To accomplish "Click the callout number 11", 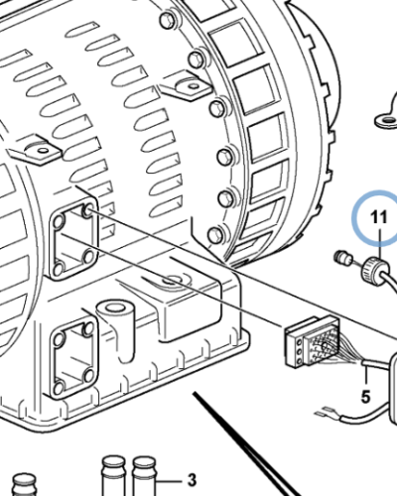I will point(376,216).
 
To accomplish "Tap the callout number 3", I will point(192,477).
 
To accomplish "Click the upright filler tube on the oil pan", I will point(117,318).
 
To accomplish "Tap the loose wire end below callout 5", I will point(320,409).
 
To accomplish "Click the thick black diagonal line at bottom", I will point(248,446).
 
